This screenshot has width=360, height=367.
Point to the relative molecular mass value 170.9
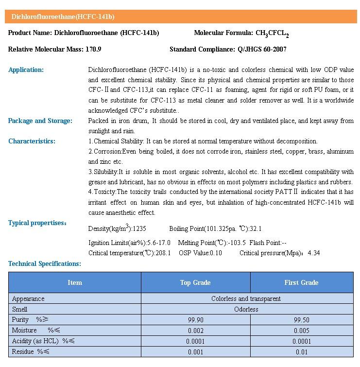point(92,49)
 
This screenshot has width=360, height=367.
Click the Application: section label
point(26,70)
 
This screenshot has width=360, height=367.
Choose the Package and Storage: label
point(40,121)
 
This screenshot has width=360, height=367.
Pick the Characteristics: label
point(32,141)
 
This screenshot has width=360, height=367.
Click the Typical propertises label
point(37,223)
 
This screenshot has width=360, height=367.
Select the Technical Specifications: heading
point(44,263)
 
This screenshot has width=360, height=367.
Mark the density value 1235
point(139,228)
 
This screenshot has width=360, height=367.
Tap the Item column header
point(75,282)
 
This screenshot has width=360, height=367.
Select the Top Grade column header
point(195,282)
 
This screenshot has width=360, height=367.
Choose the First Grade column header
point(301,282)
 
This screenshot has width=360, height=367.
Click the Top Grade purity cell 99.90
point(195,320)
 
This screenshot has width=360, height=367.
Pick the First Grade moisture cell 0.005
point(301,331)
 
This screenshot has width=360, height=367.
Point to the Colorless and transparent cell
point(246,298)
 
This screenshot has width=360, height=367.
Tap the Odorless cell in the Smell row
point(246,309)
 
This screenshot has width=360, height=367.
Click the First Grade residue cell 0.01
point(301,352)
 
